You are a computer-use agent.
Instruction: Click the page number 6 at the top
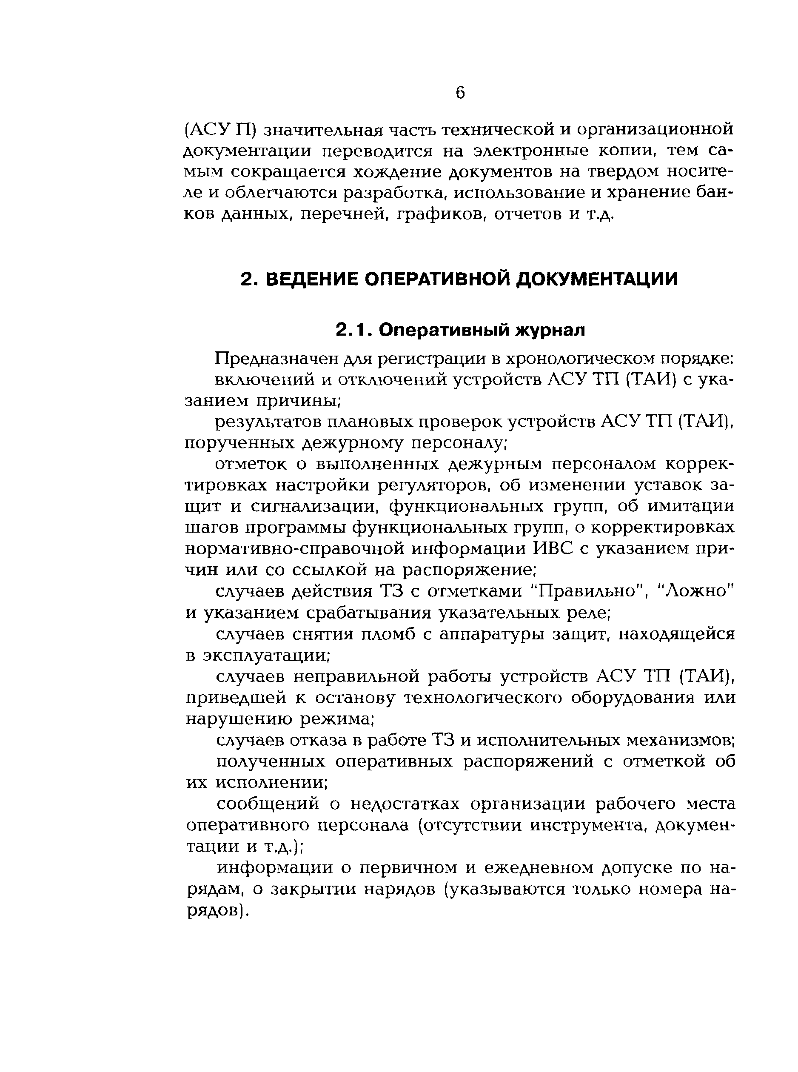tap(460, 93)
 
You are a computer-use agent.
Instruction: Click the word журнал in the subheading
tap(551, 330)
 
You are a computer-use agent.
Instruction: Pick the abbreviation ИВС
tap(560, 549)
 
